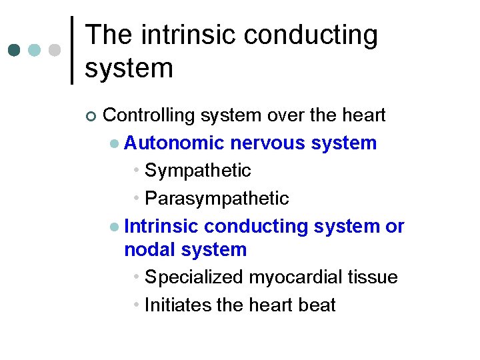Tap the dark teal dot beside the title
(15, 51)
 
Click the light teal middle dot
(35, 51)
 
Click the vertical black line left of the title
(72, 50)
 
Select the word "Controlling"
(149, 115)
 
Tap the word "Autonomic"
(174, 143)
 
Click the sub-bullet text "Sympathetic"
(197, 171)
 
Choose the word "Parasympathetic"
(217, 199)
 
